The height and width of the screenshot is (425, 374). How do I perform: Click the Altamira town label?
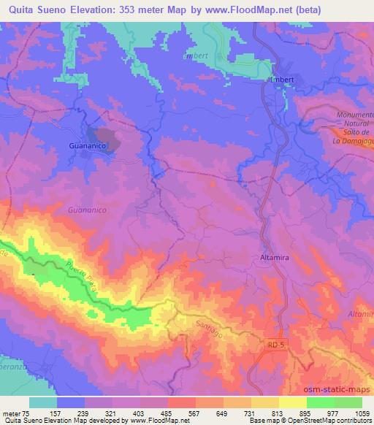tap(275, 257)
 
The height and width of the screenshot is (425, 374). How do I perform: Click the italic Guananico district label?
tap(87, 210)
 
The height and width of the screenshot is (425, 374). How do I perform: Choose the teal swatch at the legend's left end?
tap(43, 402)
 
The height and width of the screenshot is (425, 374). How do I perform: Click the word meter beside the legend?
tap(13, 413)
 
